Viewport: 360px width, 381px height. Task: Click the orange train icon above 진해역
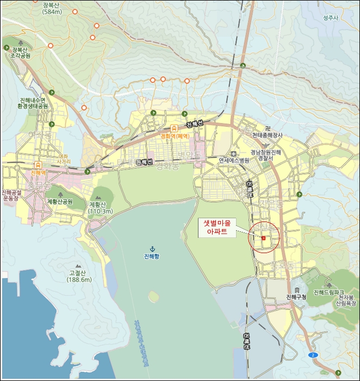click(x=38, y=164)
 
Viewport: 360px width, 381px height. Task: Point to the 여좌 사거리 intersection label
click(x=64, y=158)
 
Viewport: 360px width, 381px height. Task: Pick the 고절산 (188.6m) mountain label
click(x=80, y=276)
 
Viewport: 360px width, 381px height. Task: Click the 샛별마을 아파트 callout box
click(x=216, y=227)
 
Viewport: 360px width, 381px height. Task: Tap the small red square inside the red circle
click(x=264, y=238)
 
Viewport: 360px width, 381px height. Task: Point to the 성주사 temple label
click(x=331, y=18)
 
